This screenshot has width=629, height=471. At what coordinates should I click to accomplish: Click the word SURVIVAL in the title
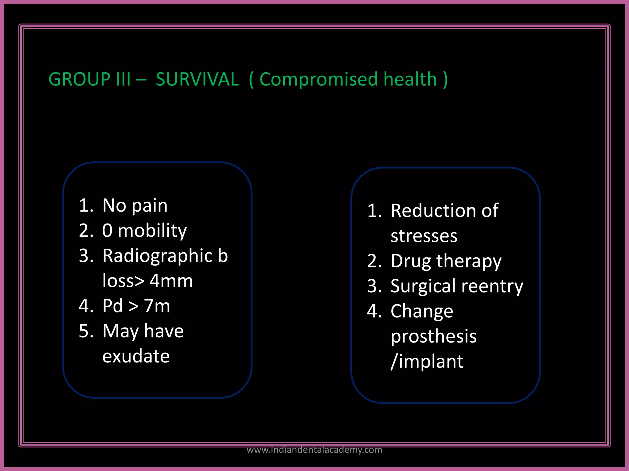pyautogui.click(x=197, y=79)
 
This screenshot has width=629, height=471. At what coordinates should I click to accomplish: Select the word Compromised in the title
pyautogui.click(x=318, y=79)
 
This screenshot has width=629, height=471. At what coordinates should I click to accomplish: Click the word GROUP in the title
pyautogui.click(x=79, y=79)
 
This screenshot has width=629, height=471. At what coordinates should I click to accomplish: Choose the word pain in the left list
pyautogui.click(x=150, y=206)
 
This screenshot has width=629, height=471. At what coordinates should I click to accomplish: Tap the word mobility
pyautogui.click(x=152, y=231)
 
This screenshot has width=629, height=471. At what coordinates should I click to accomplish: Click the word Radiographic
pyautogui.click(x=158, y=256)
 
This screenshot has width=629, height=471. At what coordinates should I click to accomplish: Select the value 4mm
pyautogui.click(x=171, y=281)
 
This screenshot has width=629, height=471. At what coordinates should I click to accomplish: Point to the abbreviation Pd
pyautogui.click(x=112, y=306)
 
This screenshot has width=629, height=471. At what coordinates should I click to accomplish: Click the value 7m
pyautogui.click(x=157, y=306)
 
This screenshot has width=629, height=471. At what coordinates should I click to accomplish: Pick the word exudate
pyautogui.click(x=136, y=356)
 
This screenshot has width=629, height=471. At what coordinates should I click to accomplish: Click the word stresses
pyautogui.click(x=424, y=236)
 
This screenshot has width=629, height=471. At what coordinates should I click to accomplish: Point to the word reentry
pyautogui.click(x=492, y=286)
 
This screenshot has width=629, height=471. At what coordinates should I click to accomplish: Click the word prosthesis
pyautogui.click(x=434, y=336)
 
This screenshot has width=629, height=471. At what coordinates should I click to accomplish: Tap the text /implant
pyautogui.click(x=427, y=362)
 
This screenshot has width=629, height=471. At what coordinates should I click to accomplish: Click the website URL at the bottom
pyautogui.click(x=314, y=450)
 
